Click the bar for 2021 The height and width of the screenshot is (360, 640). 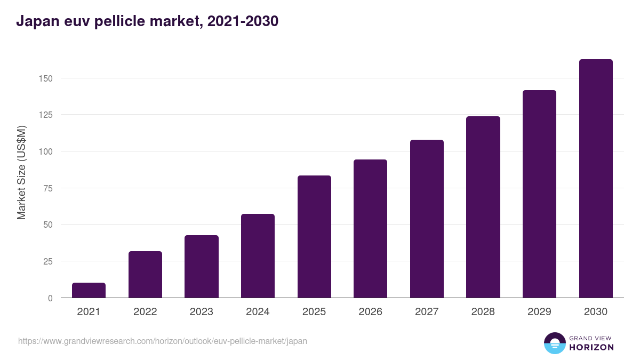pyautogui.click(x=89, y=290)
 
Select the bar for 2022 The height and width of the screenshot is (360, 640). pyautogui.click(x=145, y=274)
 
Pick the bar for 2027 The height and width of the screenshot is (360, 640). pyautogui.click(x=427, y=219)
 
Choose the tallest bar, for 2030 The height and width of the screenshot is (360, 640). pyautogui.click(x=596, y=178)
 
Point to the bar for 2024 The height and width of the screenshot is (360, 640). pyautogui.click(x=258, y=255)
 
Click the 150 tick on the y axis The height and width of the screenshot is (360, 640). pyautogui.click(x=46, y=78)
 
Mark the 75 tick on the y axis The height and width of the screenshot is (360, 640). pyautogui.click(x=48, y=188)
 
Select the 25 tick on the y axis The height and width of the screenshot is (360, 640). pyautogui.click(x=48, y=261)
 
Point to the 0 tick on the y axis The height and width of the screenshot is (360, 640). pyautogui.click(x=50, y=298)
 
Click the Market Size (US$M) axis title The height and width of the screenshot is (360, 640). pyautogui.click(x=21, y=173)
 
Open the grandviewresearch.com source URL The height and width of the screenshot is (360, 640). pyautogui.click(x=163, y=341)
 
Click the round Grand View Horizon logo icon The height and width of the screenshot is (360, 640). pyautogui.click(x=555, y=343)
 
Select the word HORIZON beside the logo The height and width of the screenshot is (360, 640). pyautogui.click(x=591, y=347)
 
